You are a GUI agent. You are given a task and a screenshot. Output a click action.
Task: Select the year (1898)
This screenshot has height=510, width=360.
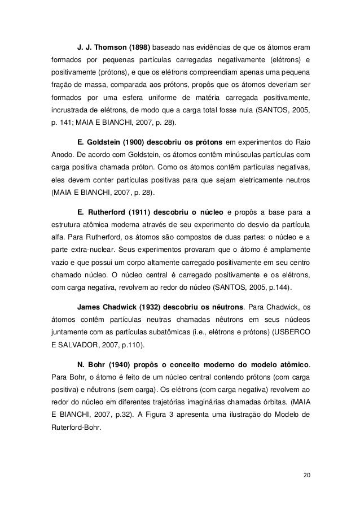pyautogui.click(x=141, y=46)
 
